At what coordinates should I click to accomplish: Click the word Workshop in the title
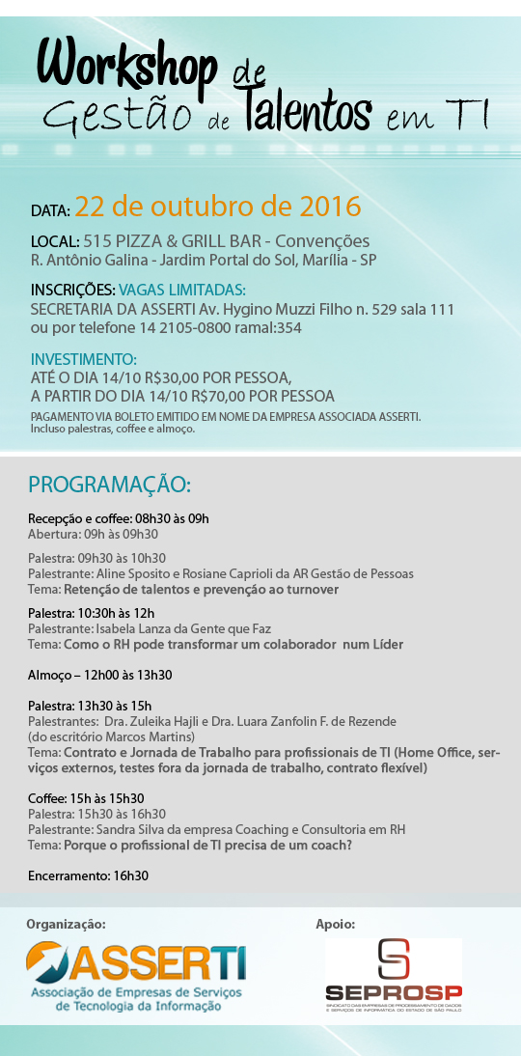[x=126, y=69]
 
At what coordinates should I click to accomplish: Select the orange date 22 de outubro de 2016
[x=218, y=206]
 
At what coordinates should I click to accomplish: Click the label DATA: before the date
[x=50, y=209]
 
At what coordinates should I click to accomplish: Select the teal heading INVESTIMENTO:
[x=84, y=359]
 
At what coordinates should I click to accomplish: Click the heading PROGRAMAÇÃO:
[x=109, y=484]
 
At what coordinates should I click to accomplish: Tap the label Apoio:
[x=336, y=924]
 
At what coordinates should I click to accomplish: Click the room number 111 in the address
[x=441, y=310]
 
